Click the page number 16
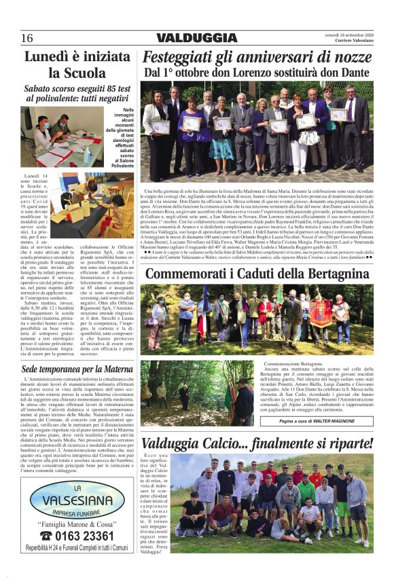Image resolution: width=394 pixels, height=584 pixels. (27, 38)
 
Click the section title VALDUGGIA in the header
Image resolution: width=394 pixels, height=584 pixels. (197, 38)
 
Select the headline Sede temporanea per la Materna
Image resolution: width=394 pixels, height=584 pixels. (76, 369)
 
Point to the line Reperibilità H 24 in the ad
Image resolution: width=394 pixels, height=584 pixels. (77, 547)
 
